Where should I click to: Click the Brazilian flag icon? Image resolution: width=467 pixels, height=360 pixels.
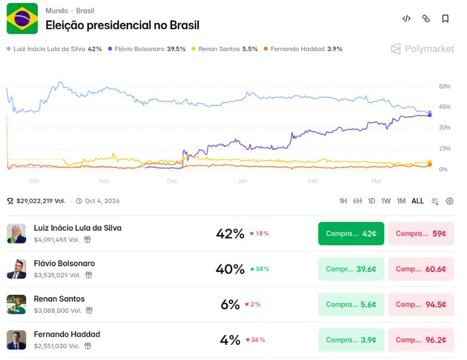22,18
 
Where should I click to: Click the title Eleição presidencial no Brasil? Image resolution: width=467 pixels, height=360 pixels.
122,25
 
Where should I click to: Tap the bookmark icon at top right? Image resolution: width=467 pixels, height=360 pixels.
445,19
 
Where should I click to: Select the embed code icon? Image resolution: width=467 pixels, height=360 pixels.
406,19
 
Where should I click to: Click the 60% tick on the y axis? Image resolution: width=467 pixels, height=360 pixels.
445,86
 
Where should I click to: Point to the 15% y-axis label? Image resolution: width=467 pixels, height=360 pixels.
444,149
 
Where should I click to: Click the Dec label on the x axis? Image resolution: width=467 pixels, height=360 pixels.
172,181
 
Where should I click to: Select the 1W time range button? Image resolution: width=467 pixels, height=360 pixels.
386,201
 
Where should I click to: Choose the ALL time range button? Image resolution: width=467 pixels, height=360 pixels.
418,201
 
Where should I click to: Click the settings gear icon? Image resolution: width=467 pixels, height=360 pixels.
450,201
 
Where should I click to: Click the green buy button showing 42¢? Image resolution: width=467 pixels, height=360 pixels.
351,234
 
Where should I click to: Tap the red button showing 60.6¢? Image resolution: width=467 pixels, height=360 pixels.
421,269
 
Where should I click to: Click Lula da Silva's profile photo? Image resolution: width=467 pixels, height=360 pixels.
16,234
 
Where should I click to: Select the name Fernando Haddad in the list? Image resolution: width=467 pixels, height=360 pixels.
67,334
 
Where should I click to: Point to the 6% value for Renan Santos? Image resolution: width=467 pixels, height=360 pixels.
230,305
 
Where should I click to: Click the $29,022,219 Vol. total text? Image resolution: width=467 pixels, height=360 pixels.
40,201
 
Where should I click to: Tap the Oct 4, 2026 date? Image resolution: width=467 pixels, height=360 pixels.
101,201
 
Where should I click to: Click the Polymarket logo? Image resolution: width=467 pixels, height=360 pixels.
423,49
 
